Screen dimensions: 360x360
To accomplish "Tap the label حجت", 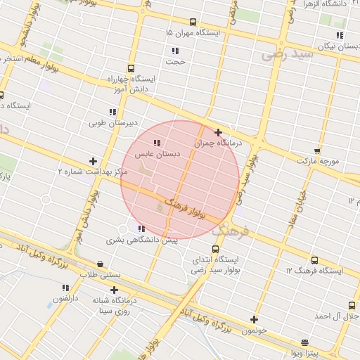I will (175, 61).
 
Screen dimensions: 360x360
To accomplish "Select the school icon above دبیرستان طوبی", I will (112, 112).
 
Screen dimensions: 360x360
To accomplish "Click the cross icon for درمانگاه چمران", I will (219, 132).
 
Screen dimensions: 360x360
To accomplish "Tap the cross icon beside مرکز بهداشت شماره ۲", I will (93, 161).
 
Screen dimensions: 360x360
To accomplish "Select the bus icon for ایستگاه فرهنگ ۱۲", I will (314, 260).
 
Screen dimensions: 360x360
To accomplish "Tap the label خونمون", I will (255, 330).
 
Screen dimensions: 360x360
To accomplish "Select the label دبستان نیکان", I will (334, 46).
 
